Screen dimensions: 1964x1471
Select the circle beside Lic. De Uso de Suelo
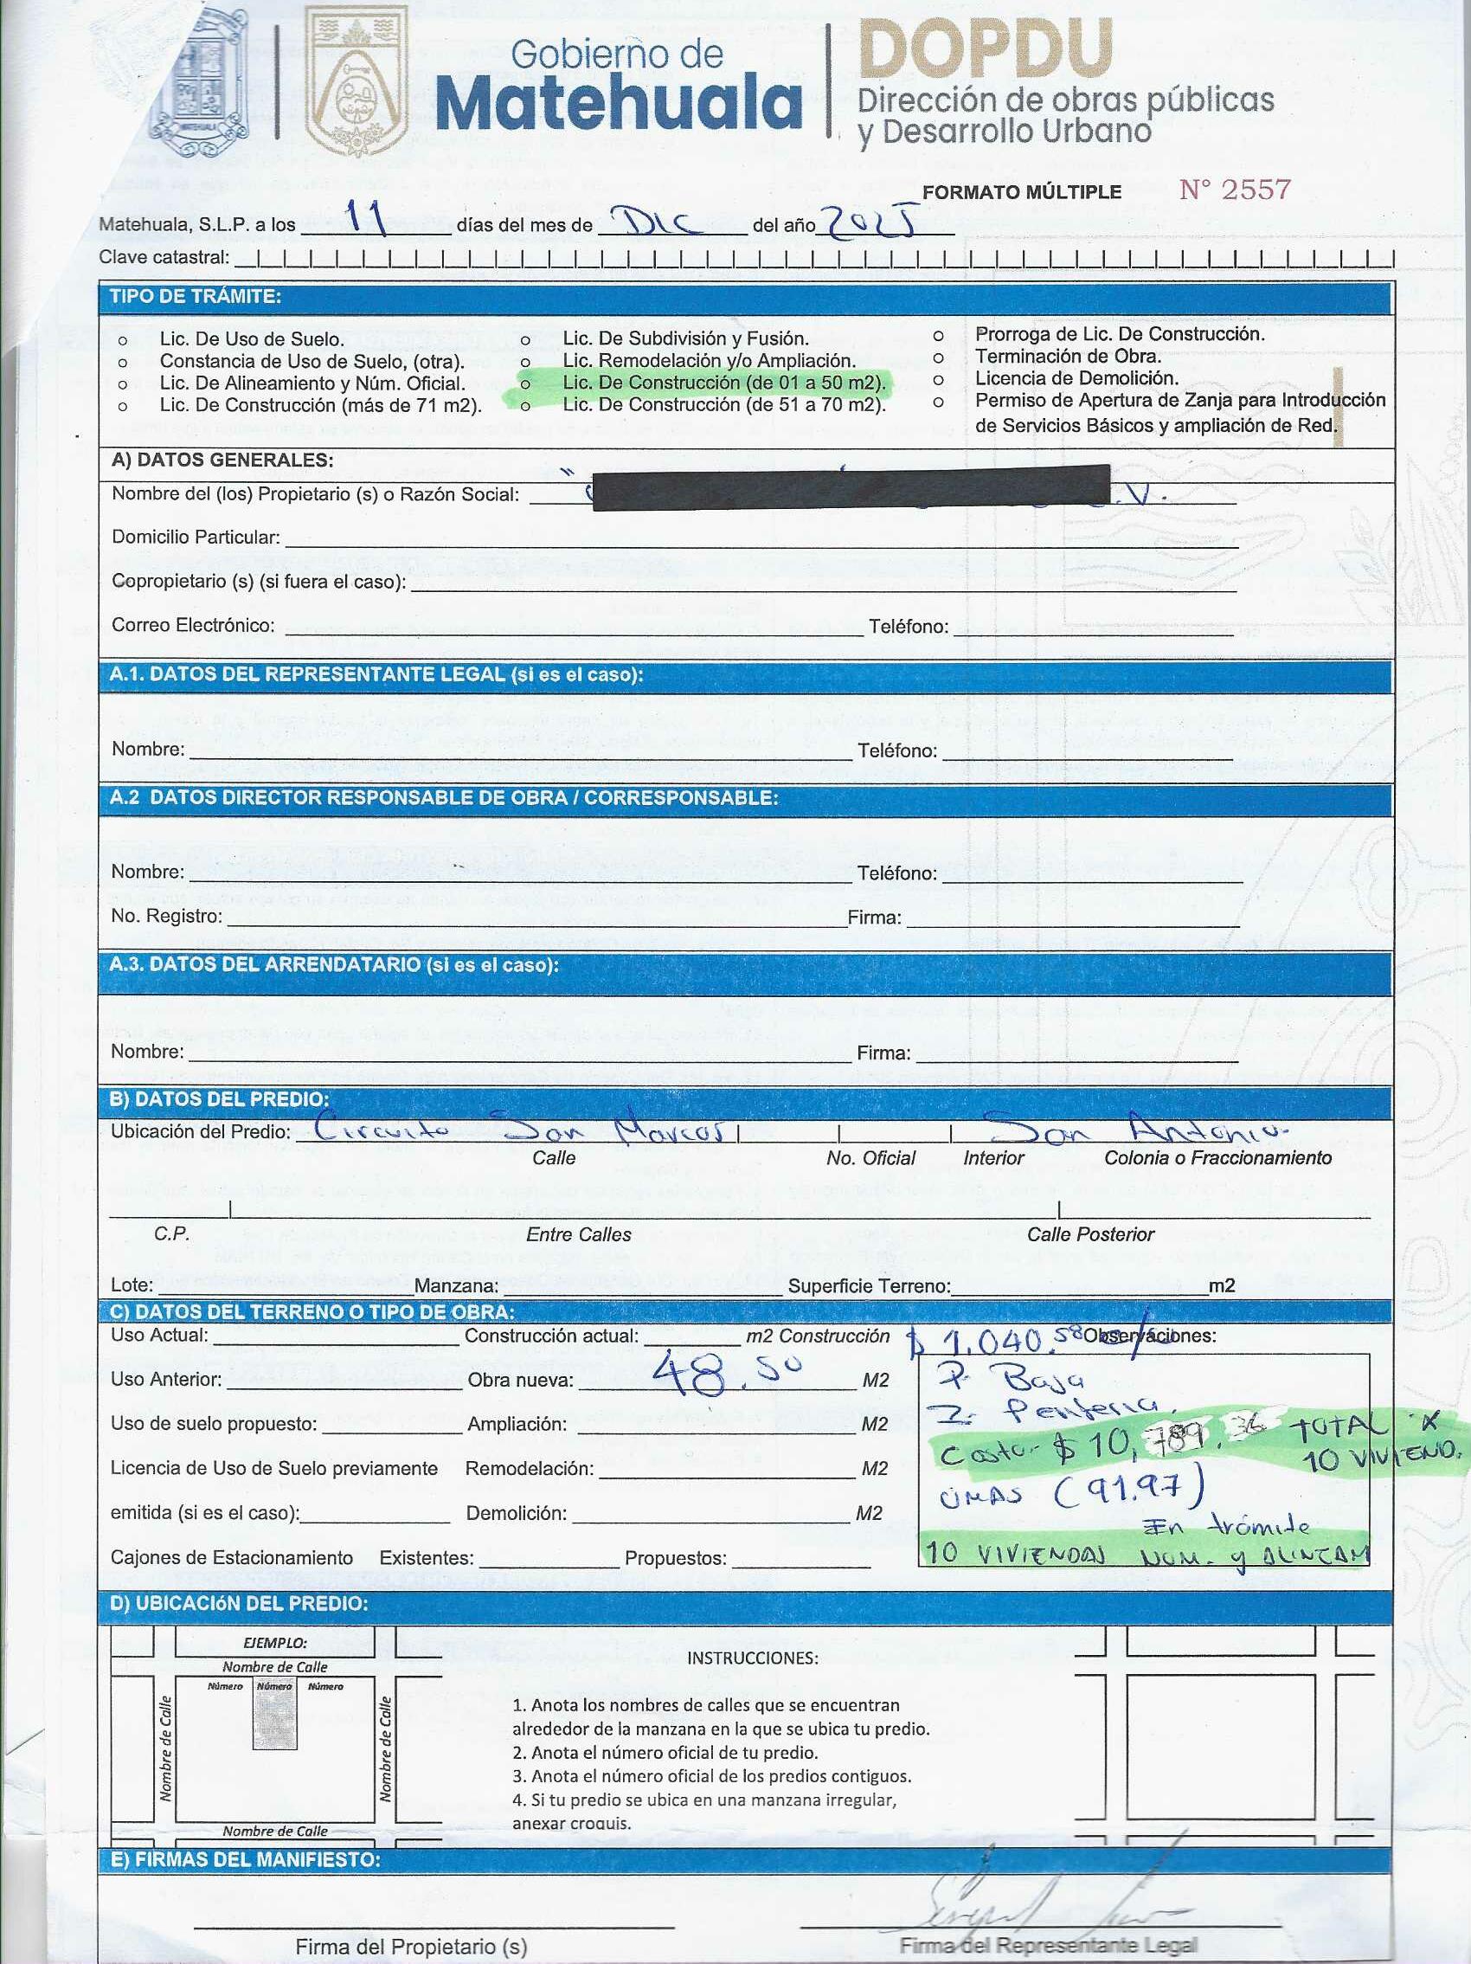tap(123, 340)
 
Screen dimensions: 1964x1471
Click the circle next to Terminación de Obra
tap(937, 357)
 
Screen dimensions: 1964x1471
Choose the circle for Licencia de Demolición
tap(937, 379)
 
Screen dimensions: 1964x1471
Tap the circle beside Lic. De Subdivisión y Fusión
tap(525, 340)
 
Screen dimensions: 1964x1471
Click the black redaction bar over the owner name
tap(851, 487)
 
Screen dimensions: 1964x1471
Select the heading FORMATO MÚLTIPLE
tap(1022, 193)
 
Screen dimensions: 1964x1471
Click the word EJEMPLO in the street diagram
tap(275, 1644)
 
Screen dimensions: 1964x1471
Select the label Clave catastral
tap(164, 258)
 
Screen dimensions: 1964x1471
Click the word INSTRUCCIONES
tap(753, 1658)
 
